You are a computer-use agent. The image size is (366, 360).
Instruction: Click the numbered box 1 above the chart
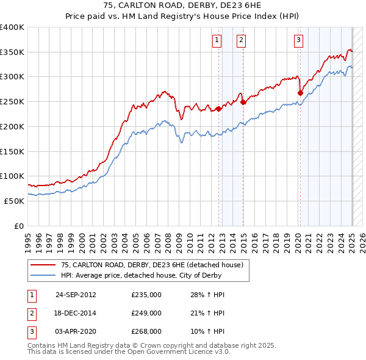(217, 41)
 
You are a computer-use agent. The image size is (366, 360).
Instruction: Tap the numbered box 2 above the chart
(242, 41)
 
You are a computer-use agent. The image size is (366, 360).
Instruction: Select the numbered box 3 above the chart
(298, 41)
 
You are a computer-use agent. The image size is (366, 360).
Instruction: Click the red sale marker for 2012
(219, 109)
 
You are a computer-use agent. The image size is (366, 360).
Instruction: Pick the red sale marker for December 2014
(243, 103)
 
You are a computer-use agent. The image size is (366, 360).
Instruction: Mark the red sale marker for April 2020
(300, 93)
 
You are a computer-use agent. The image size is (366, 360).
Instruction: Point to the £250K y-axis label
(12, 101)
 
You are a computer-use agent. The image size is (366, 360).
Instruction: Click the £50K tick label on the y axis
(14, 201)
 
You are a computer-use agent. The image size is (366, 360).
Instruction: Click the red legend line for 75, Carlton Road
(43, 265)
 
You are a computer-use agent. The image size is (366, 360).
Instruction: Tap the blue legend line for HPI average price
(43, 275)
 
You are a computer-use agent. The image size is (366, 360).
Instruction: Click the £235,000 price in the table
(146, 294)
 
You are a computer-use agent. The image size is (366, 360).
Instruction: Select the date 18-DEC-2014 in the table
(76, 313)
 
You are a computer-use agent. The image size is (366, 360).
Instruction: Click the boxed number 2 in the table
(31, 313)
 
